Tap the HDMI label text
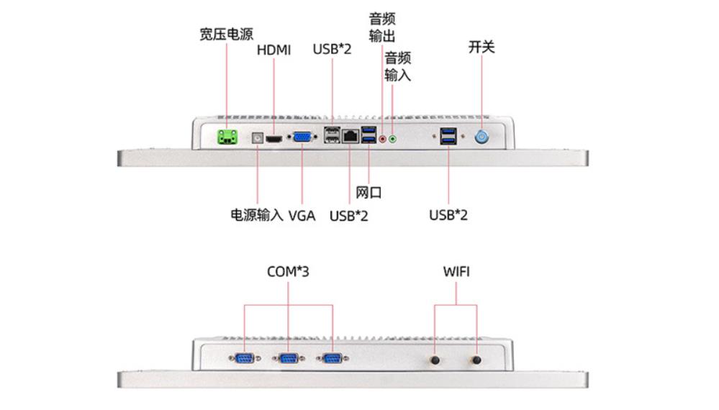point(273,50)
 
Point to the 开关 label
point(481,47)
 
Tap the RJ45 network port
point(351,136)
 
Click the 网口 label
point(368,192)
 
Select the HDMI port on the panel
point(274,137)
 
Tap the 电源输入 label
point(256,214)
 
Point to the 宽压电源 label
point(226,35)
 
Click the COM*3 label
point(287,272)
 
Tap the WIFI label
point(456,272)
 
